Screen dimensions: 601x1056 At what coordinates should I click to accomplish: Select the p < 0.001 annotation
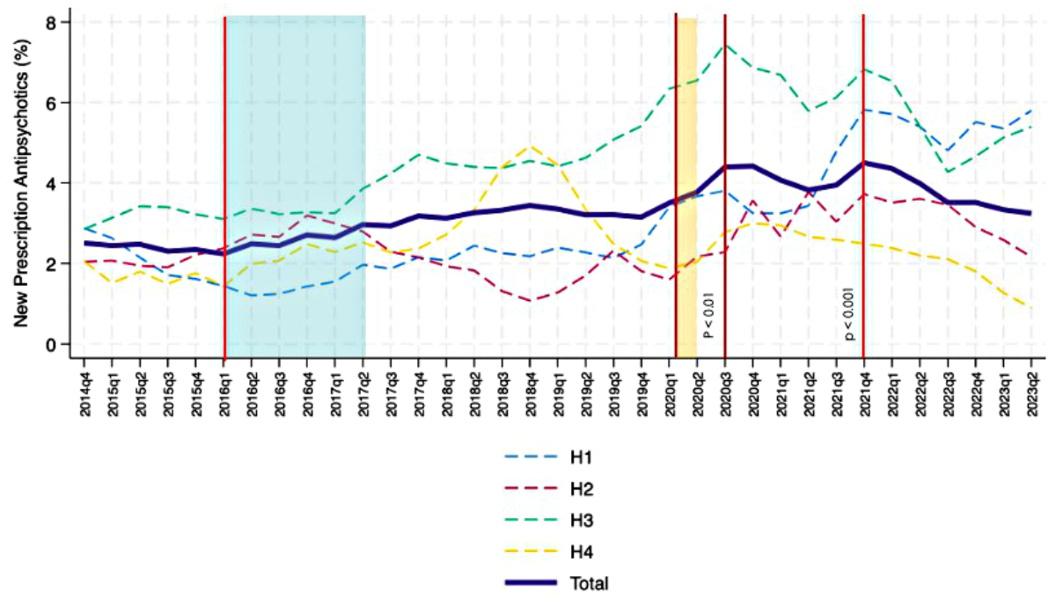point(849,312)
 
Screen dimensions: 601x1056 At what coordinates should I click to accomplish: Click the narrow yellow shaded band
point(686,176)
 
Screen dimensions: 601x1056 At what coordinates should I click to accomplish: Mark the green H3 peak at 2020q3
point(725,45)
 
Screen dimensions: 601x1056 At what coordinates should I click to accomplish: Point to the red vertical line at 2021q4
point(863,220)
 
